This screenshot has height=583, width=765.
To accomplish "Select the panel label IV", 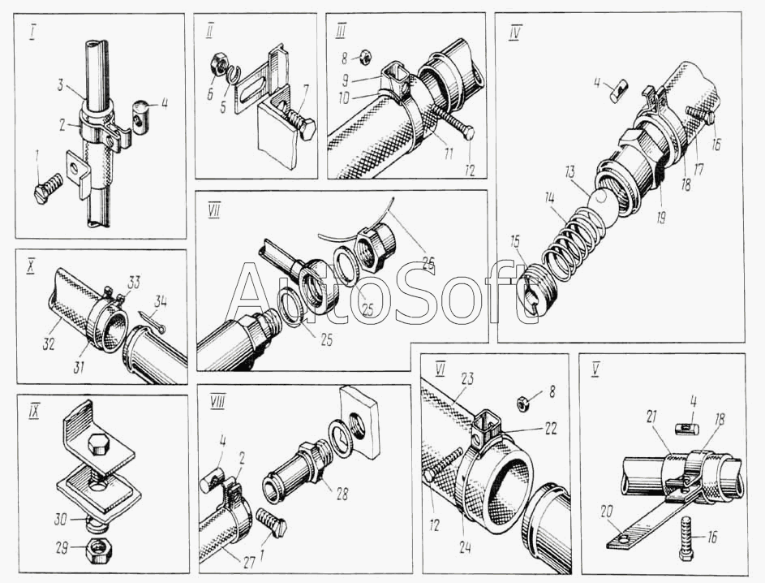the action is (514, 32).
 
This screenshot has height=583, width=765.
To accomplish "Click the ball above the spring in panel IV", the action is (603, 199).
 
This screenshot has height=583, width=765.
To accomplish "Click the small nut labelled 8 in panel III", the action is (367, 57).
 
